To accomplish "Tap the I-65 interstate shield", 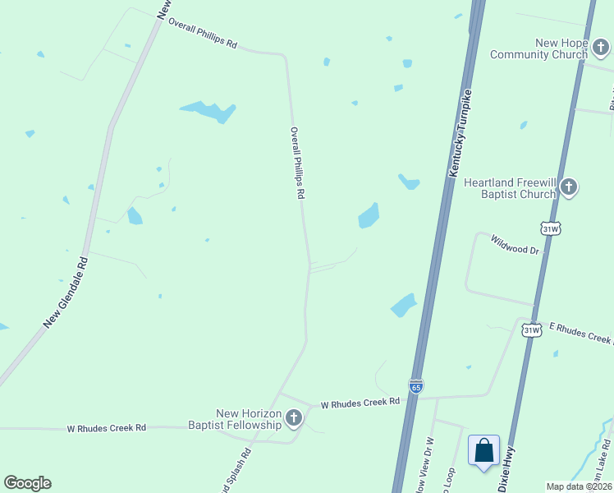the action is click(x=416, y=385).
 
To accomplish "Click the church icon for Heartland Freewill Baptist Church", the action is click(x=569, y=188).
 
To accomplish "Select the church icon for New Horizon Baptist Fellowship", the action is click(x=293, y=419).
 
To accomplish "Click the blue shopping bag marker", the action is click(x=483, y=450).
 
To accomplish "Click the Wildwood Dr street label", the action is click(x=515, y=244).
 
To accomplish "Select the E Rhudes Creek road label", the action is click(x=580, y=333).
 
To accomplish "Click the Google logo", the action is click(x=27, y=483).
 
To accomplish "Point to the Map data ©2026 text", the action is click(x=579, y=486).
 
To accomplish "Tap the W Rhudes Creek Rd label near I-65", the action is click(x=360, y=403).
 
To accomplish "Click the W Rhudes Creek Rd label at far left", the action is click(x=106, y=428).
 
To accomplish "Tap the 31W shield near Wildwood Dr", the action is click(x=550, y=227).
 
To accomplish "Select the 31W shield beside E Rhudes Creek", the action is click(x=531, y=330).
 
